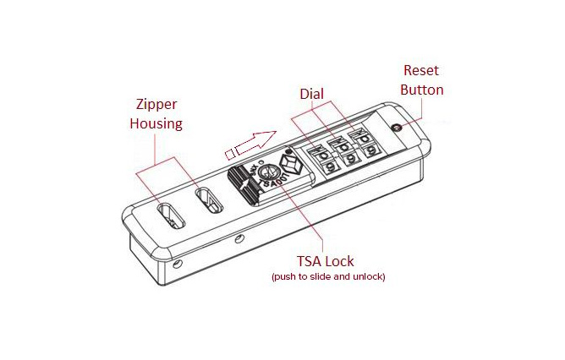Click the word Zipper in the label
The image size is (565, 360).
pos(156,105)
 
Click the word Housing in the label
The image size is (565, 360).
pos(156,124)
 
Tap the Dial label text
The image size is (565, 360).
pos(312,94)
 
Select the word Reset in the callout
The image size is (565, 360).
pos(421,70)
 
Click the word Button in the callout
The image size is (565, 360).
pos(422,90)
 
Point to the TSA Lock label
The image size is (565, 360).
pos(326,261)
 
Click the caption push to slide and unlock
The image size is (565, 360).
pos(328,277)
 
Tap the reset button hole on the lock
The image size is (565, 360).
pos(397,128)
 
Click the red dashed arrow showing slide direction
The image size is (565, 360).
pos(251,144)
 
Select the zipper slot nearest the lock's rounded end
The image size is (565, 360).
pos(171,216)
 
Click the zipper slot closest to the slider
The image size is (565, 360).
pos(210,200)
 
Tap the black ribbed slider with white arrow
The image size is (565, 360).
pos(244,185)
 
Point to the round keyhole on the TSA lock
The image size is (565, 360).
pos(268,172)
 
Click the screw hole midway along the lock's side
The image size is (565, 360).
pos(239,239)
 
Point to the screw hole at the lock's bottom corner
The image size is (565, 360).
pos(177,265)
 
